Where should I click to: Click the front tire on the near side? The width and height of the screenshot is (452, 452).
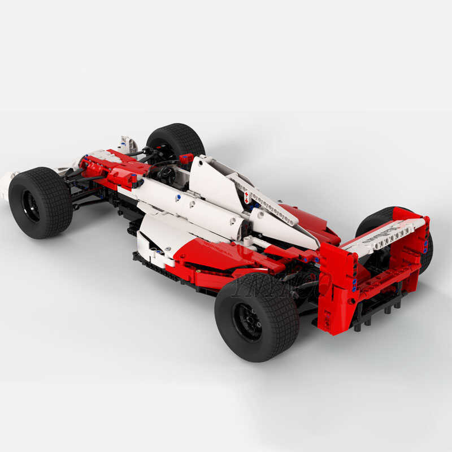[x=40, y=202]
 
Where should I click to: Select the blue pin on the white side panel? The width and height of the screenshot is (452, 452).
[x=179, y=197]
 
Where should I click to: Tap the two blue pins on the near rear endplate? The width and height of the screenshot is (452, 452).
[x=355, y=285]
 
